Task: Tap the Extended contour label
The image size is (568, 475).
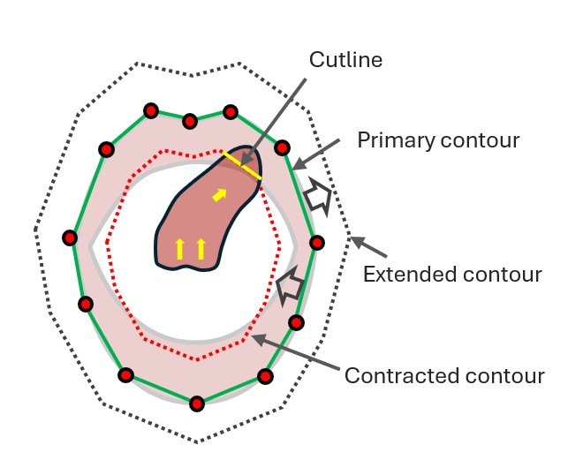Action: tap(452, 275)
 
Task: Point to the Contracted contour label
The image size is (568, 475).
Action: tap(444, 375)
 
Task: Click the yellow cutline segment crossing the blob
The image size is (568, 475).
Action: tap(241, 166)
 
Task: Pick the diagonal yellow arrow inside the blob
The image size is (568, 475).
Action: tap(218, 193)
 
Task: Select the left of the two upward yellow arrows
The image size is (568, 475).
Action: tap(180, 249)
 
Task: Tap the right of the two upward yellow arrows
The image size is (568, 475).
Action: tap(201, 249)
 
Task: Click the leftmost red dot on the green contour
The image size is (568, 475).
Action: tap(70, 237)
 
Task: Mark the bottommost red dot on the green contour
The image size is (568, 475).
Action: tap(197, 404)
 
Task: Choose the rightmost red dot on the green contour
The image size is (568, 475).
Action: tap(317, 243)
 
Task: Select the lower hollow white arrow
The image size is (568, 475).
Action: tap(288, 287)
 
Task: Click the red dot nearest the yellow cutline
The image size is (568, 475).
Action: tap(282, 148)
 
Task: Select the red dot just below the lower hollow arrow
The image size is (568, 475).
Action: tap(296, 322)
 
